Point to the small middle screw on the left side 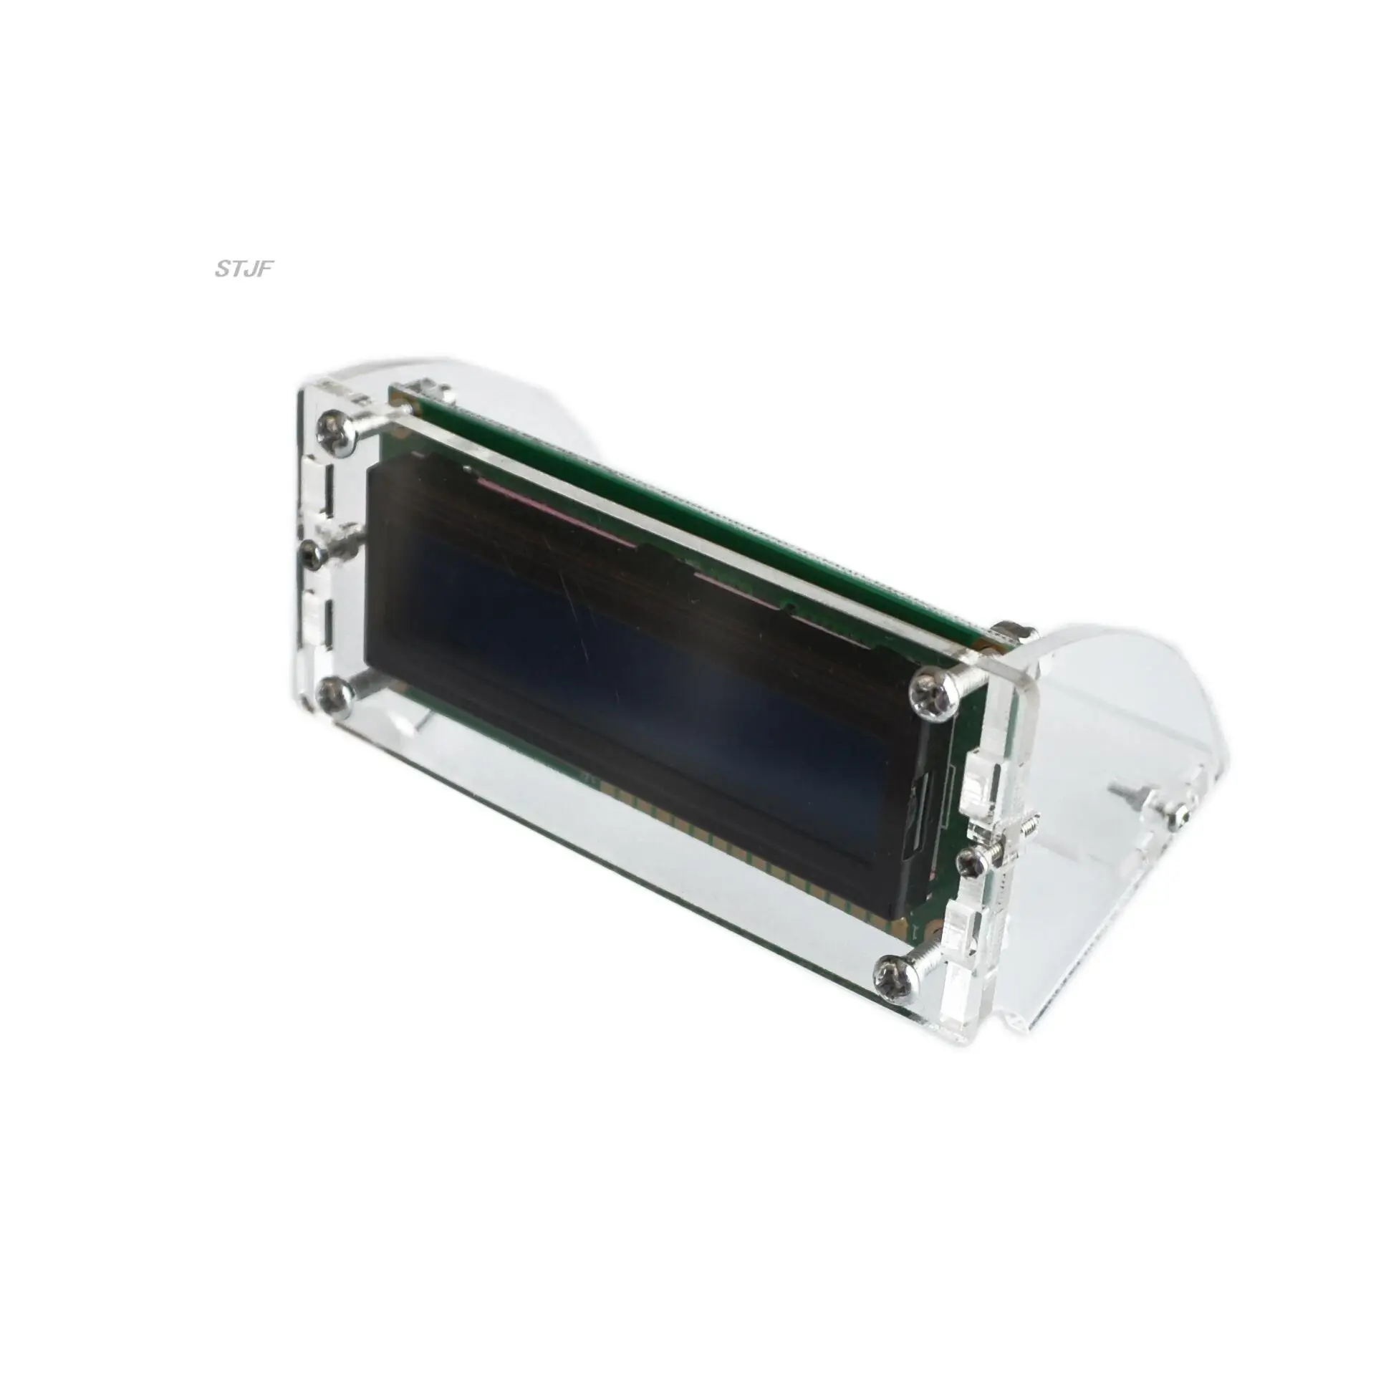click(x=313, y=552)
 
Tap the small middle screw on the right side click(x=973, y=863)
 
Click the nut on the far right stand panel click(x=1180, y=814)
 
